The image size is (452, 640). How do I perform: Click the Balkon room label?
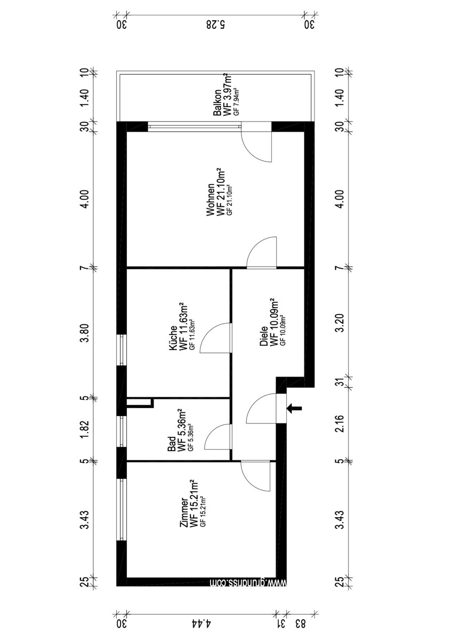coord(217,102)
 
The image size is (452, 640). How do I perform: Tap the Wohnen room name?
coord(211,199)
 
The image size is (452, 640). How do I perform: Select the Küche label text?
coord(173,338)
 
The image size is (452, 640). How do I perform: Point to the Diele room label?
coord(264,337)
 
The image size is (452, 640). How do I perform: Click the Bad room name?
coord(172,444)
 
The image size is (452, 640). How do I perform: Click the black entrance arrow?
coord(294,409)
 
